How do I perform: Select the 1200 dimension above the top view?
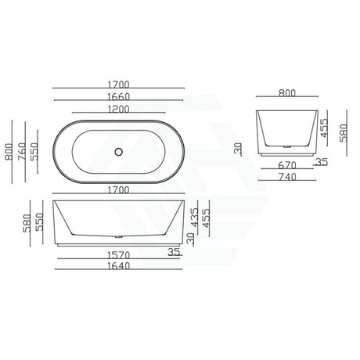pyautogui.click(x=120, y=110)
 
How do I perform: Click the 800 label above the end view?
pyautogui.click(x=287, y=94)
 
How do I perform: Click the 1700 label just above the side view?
pyautogui.click(x=120, y=189)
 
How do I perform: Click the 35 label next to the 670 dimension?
pyautogui.click(x=322, y=162)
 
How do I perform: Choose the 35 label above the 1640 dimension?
pyautogui.click(x=175, y=253)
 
